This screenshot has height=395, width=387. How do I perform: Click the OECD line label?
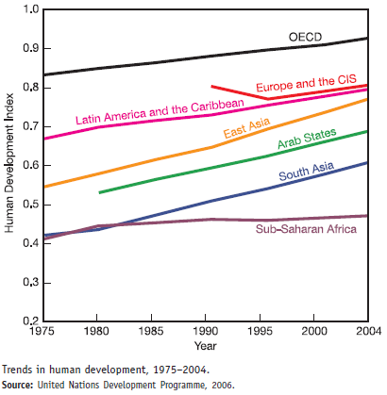(307, 37)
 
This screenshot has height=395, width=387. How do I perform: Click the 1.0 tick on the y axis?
(30, 9)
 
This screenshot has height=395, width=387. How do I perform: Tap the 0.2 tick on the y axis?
(30, 321)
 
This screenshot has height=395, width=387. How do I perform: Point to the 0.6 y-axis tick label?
(30, 166)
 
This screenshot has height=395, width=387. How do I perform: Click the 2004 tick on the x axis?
(368, 334)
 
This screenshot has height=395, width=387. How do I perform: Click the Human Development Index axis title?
(9, 166)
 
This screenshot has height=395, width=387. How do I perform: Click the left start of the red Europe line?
(211, 86)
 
